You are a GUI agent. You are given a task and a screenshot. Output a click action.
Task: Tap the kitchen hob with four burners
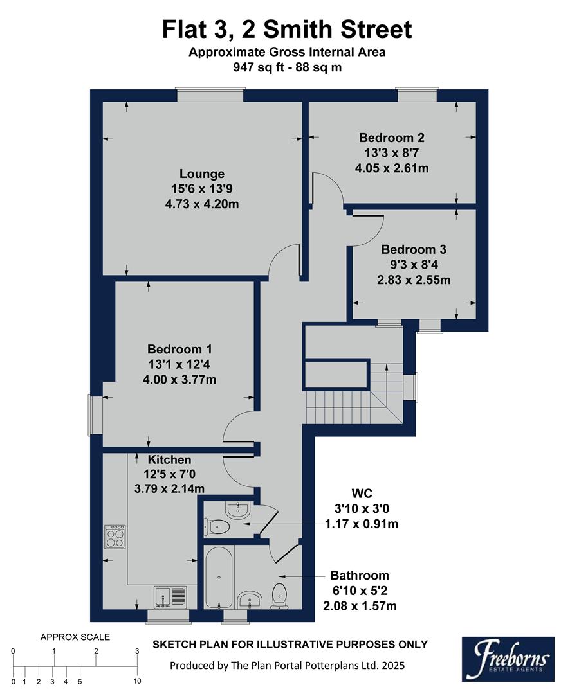click(x=115, y=537)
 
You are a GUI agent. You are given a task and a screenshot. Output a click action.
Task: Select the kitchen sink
click(x=170, y=597)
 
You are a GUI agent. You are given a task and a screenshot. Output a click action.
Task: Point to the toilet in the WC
click(x=219, y=526)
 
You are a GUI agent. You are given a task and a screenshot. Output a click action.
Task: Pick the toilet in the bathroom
click(x=280, y=595)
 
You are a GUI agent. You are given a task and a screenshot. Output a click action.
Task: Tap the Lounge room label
click(x=202, y=173)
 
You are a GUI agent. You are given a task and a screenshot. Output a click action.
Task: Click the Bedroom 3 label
click(x=414, y=249)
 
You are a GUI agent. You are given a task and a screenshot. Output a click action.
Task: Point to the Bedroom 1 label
click(x=179, y=350)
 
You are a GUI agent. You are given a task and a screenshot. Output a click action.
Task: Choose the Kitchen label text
click(x=170, y=460)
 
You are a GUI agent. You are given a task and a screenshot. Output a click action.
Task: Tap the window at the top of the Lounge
click(x=210, y=96)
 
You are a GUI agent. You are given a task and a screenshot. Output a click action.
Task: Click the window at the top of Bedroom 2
click(x=418, y=96)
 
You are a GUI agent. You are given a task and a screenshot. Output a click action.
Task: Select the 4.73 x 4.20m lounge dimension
click(x=202, y=204)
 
